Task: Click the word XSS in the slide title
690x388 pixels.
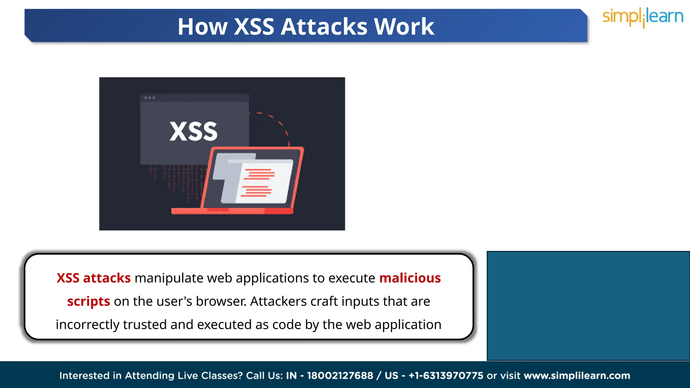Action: pyautogui.click(x=254, y=27)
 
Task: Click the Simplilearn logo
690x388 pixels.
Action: pyautogui.click(x=643, y=17)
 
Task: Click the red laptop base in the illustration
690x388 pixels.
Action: pyautogui.click(x=232, y=211)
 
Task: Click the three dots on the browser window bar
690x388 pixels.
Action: pyautogui.click(x=150, y=98)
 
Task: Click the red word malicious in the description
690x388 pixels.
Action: pyautogui.click(x=410, y=278)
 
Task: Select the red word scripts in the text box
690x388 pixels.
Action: pyautogui.click(x=89, y=301)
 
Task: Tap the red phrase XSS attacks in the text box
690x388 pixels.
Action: pyautogui.click(x=94, y=278)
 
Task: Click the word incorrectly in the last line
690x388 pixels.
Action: pyautogui.click(x=88, y=325)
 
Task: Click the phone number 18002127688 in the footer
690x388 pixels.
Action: pyautogui.click(x=340, y=376)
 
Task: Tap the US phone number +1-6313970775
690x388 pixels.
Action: pyautogui.click(x=446, y=376)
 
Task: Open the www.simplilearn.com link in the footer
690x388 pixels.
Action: pyautogui.click(x=577, y=376)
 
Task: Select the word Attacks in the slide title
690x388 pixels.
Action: pyautogui.click(x=324, y=27)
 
